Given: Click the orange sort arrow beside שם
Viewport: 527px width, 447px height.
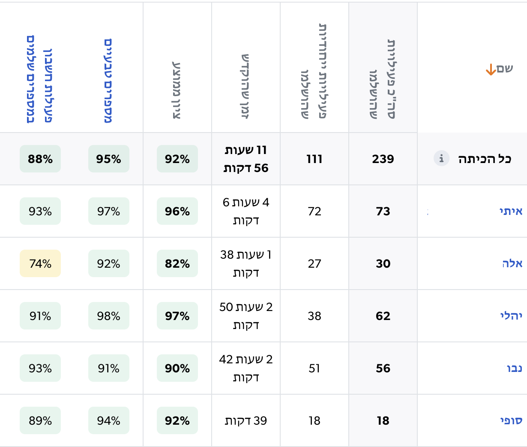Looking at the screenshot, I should tap(491, 69).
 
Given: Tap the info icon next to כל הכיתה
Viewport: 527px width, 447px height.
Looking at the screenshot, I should tap(441, 158).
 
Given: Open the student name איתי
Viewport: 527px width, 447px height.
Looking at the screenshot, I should tap(511, 211).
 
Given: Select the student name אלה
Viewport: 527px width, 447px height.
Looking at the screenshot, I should tap(512, 263).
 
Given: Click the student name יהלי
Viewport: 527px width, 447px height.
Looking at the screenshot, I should tap(511, 316).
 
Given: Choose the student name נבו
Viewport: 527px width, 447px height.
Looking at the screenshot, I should tap(514, 368).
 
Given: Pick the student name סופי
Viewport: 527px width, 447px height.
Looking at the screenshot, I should tap(511, 420).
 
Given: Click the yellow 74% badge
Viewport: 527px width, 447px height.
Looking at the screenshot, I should tap(40, 263).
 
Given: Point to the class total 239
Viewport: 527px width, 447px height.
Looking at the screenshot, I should tap(383, 159).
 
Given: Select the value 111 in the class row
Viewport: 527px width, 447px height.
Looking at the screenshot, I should tap(314, 159).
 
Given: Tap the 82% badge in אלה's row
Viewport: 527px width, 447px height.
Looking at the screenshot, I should tap(177, 263).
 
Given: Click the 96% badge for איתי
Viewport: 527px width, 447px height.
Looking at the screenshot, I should tap(177, 211).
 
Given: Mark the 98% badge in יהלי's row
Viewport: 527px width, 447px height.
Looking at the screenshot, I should tap(108, 316).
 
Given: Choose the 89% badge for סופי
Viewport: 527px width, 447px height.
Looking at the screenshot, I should tap(40, 420).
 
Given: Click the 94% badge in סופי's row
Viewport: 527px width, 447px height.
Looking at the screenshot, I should tap(108, 420).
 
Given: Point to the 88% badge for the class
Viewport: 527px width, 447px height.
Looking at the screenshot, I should tap(40, 159).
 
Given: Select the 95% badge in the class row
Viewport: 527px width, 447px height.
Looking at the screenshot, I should tap(108, 159).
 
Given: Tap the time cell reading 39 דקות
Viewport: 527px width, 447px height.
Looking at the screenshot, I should tap(246, 421).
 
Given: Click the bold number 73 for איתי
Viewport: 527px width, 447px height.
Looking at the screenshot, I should tap(383, 211).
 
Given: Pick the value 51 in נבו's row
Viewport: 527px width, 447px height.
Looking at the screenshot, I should tap(314, 368).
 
